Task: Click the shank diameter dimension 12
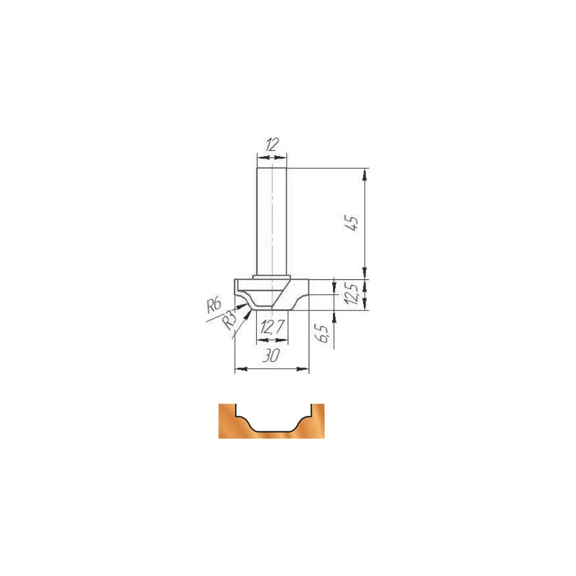272,145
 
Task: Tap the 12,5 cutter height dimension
351,294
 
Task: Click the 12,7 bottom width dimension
272,327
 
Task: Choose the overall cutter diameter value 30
271,355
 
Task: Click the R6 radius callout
214,305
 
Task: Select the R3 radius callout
229,320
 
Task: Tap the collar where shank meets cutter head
272,278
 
